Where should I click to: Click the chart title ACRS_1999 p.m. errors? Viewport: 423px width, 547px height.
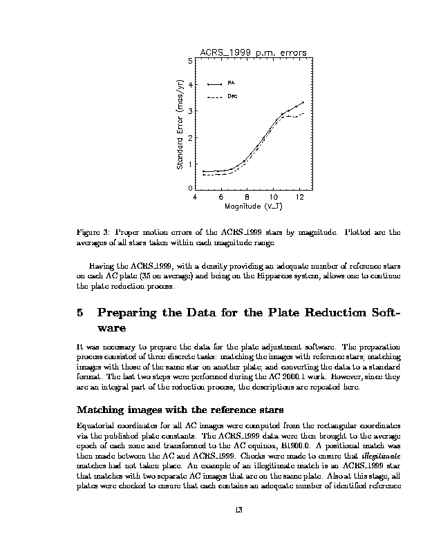click(253, 52)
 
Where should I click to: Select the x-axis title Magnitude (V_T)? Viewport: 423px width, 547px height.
click(253, 206)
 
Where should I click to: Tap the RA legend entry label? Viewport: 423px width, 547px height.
click(230, 83)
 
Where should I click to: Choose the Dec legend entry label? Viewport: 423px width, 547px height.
click(232, 96)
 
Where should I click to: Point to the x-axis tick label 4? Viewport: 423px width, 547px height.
click(195, 197)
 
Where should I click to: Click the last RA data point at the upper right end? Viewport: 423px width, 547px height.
click(303, 102)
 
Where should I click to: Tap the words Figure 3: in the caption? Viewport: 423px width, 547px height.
click(93, 233)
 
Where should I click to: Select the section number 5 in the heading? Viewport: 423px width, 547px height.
click(80, 313)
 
